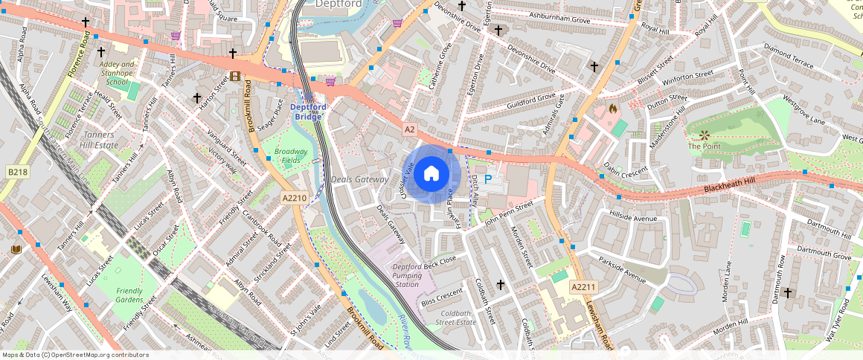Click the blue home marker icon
(x=431, y=174)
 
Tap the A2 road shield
(x=409, y=129)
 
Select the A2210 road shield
(x=295, y=198)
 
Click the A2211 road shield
(x=584, y=287)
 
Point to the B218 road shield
(x=17, y=173)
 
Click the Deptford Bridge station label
(x=307, y=112)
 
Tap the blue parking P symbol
(x=488, y=179)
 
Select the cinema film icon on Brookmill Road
(x=235, y=76)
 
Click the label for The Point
(x=704, y=147)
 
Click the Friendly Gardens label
(x=129, y=295)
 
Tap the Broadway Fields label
(x=290, y=155)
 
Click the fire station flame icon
(x=613, y=108)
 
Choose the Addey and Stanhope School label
(x=118, y=73)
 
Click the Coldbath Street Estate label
(x=455, y=318)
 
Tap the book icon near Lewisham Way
(x=16, y=249)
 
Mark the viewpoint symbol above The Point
(x=704, y=135)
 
